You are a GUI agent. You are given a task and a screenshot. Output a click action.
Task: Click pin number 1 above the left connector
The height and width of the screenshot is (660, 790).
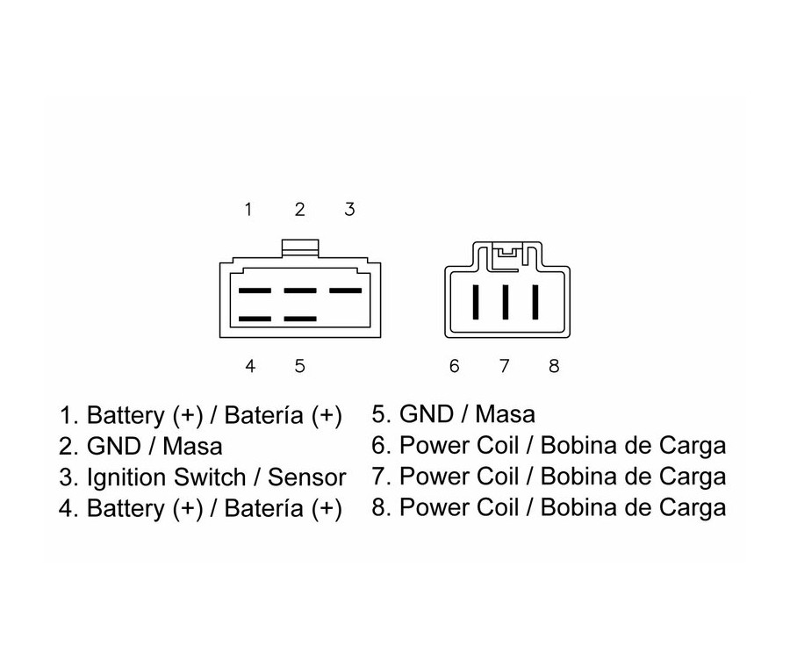pyautogui.click(x=248, y=209)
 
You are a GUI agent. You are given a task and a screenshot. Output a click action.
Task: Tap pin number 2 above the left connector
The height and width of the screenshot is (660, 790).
pyautogui.click(x=299, y=209)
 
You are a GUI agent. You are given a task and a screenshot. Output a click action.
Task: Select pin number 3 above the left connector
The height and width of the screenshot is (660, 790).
pyautogui.click(x=349, y=209)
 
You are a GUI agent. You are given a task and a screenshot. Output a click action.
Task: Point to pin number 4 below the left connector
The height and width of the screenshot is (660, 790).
pyautogui.click(x=250, y=366)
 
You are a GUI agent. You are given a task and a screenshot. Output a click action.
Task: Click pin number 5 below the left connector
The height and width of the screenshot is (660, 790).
pyautogui.click(x=299, y=366)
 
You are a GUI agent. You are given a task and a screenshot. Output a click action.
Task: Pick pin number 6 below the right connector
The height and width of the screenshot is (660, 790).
pyautogui.click(x=454, y=366)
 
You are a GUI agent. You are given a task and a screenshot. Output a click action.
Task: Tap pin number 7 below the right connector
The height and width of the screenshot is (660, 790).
pyautogui.click(x=505, y=366)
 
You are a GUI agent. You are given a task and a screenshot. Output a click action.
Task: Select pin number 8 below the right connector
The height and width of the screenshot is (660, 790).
pyautogui.click(x=554, y=366)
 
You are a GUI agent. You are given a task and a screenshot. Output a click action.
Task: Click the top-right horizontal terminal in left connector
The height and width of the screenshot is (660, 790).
pyautogui.click(x=345, y=291)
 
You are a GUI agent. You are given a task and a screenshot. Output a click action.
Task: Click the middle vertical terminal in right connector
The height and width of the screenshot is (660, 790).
pyautogui.click(x=505, y=302)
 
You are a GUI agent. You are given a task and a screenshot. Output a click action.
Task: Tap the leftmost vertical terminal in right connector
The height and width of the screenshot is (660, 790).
pyautogui.click(x=475, y=302)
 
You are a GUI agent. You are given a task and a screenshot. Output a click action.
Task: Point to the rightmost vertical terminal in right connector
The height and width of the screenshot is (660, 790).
pyautogui.click(x=535, y=302)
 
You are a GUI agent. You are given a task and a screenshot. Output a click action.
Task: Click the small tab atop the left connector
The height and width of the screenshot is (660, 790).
pyautogui.click(x=299, y=249)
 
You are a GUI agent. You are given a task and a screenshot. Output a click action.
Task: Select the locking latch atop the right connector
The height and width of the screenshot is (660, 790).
pyautogui.click(x=506, y=254)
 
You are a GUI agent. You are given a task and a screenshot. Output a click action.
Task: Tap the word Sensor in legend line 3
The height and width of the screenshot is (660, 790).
pyautogui.click(x=307, y=478)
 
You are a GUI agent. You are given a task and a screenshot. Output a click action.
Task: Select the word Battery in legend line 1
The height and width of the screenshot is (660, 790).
pyautogui.click(x=123, y=414)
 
